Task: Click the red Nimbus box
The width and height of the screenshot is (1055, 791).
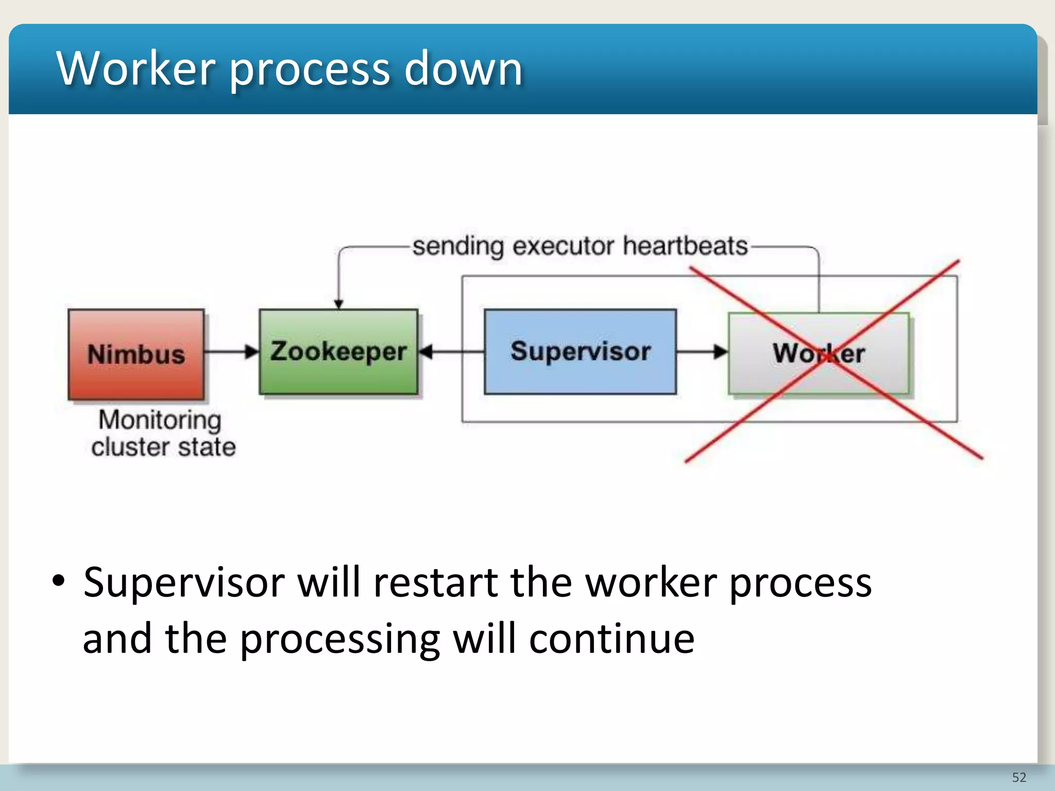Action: (x=136, y=354)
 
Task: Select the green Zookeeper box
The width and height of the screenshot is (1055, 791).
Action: (x=338, y=352)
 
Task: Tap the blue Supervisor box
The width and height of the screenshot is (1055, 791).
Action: (x=580, y=352)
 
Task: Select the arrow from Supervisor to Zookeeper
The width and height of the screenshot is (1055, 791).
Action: (x=450, y=352)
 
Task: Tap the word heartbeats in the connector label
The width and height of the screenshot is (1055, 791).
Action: (x=685, y=246)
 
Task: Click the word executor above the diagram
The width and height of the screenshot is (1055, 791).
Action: (x=564, y=246)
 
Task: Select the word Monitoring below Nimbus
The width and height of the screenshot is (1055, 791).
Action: (x=160, y=420)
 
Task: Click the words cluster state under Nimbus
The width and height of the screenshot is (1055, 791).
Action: (x=163, y=446)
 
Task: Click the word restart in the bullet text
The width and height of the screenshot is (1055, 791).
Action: (x=435, y=582)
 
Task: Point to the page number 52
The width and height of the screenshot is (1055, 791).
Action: (x=1019, y=777)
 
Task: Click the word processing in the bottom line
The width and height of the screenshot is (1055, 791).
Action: (x=340, y=639)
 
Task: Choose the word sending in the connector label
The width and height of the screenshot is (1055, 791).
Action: (x=458, y=246)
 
